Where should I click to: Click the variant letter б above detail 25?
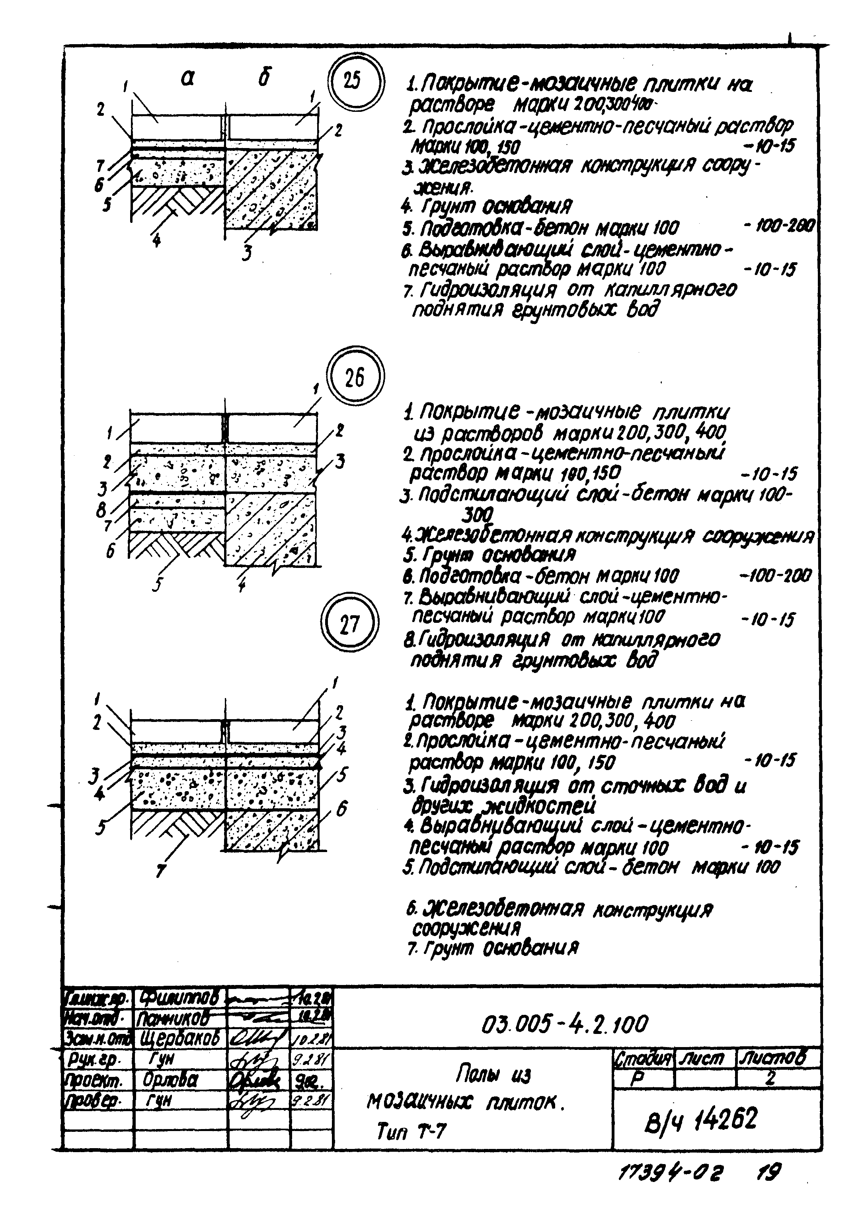[264, 78]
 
